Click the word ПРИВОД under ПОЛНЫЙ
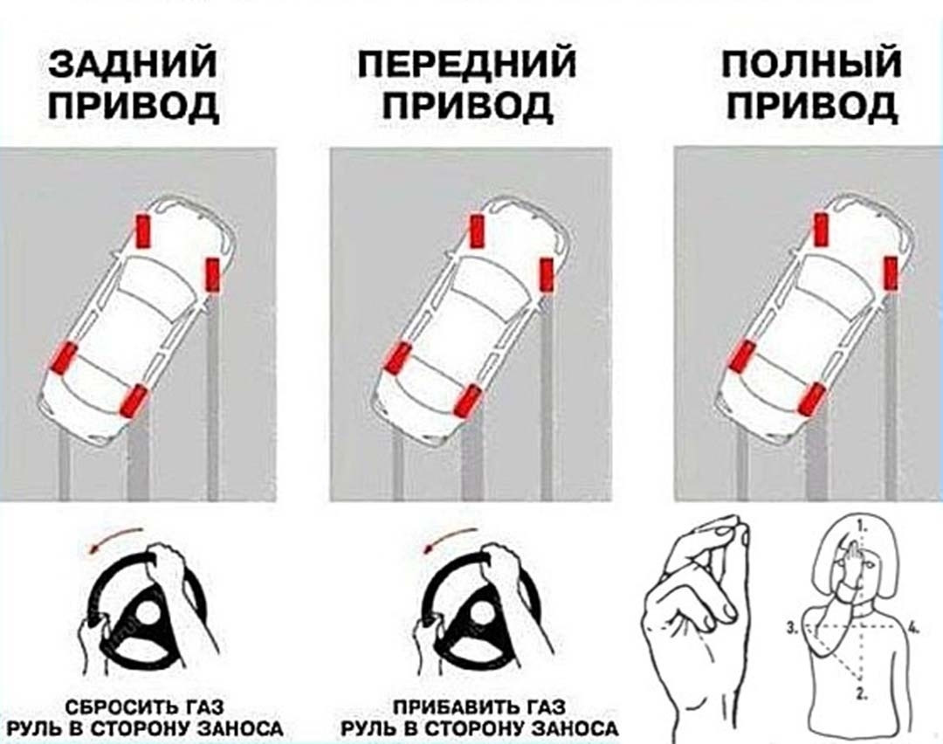812,106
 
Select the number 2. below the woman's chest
862,692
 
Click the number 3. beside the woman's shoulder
793,629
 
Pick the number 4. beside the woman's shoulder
914,629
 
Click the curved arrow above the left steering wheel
111,537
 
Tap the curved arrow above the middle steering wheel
448,537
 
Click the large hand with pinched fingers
698,625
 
